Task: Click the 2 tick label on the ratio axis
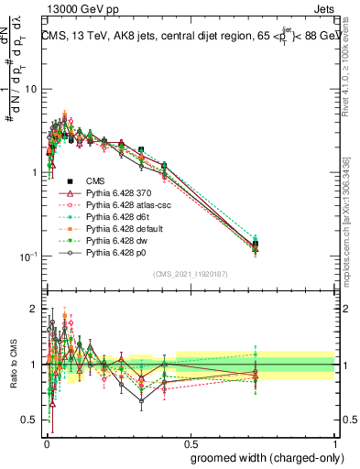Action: pos(35,309)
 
